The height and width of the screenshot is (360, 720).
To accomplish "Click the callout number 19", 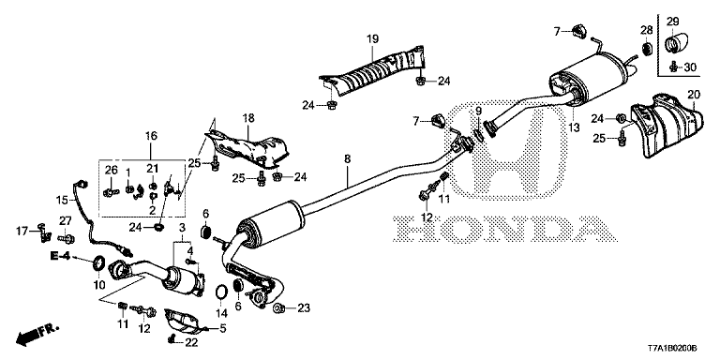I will point(372,38).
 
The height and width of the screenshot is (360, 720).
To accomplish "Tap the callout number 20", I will point(694,94).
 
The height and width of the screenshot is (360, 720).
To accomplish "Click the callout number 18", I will point(248,117).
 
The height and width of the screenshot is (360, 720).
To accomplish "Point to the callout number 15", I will point(61,199).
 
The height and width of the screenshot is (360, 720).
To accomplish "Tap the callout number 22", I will point(191,343).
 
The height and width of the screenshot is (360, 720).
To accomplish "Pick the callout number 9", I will point(478,113).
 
